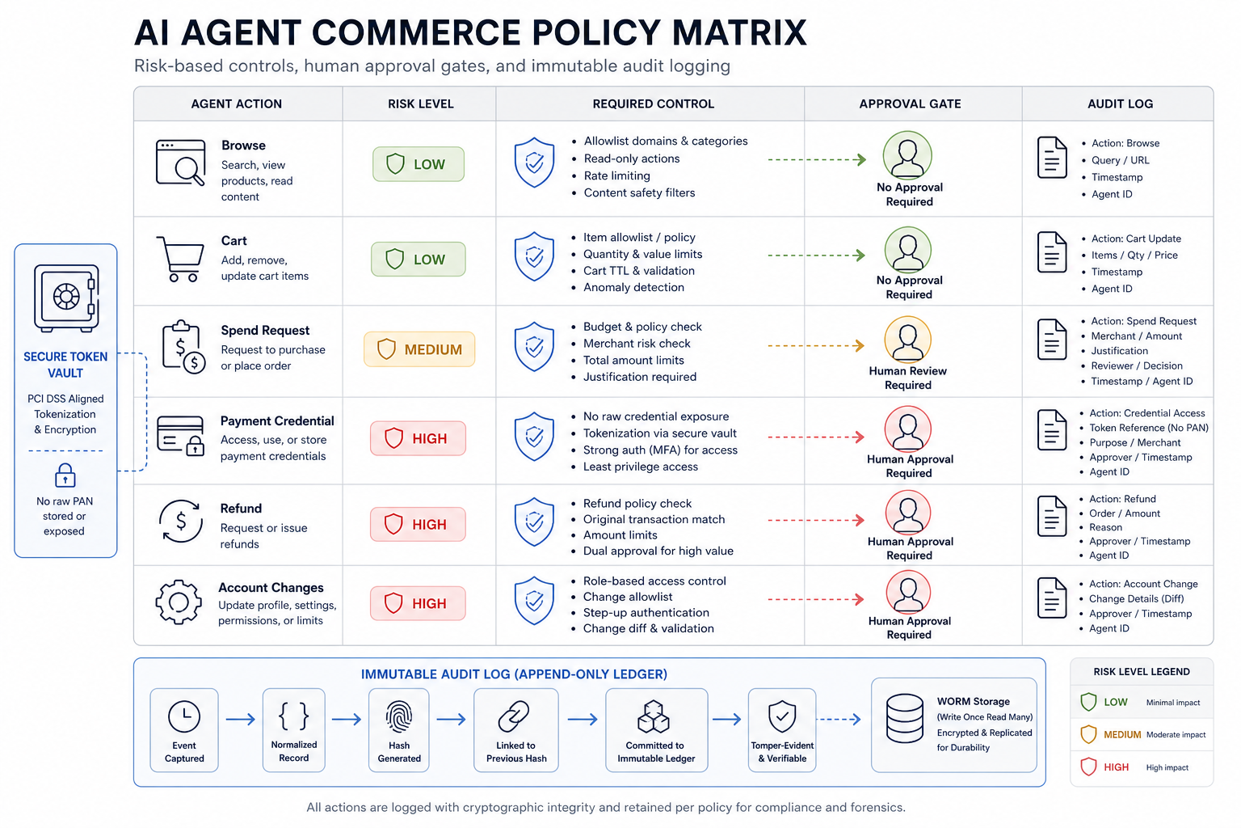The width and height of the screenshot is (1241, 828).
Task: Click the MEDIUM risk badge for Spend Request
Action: (x=419, y=349)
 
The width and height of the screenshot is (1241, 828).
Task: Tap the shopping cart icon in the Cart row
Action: (x=181, y=259)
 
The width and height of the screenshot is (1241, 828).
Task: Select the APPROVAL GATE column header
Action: (x=910, y=103)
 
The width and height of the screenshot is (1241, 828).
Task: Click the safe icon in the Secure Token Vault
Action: (x=66, y=298)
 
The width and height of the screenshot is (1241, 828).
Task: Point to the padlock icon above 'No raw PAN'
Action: (x=65, y=475)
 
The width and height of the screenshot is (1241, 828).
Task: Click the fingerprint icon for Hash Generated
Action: (x=399, y=716)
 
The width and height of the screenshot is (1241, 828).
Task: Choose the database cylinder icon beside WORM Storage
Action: (x=904, y=718)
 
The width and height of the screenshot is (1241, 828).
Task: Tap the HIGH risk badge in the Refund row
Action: (x=418, y=524)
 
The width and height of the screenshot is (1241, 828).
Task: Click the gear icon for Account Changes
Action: (x=179, y=602)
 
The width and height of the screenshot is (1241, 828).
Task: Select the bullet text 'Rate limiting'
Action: (x=616, y=175)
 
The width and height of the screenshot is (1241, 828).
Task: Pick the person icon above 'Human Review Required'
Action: (x=907, y=340)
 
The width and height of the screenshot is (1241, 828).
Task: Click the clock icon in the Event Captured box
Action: (x=184, y=716)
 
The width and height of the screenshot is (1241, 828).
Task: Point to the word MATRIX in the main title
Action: (x=739, y=32)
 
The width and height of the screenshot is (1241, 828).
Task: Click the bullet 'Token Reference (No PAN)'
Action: (x=1148, y=428)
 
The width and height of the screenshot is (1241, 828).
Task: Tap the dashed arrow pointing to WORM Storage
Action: (x=839, y=720)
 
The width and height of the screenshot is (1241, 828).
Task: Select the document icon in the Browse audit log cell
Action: (x=1051, y=158)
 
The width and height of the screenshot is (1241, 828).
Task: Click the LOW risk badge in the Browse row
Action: (x=419, y=164)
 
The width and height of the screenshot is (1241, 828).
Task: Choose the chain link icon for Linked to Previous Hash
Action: (x=514, y=716)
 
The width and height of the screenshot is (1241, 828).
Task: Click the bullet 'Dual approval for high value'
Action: (x=658, y=551)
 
